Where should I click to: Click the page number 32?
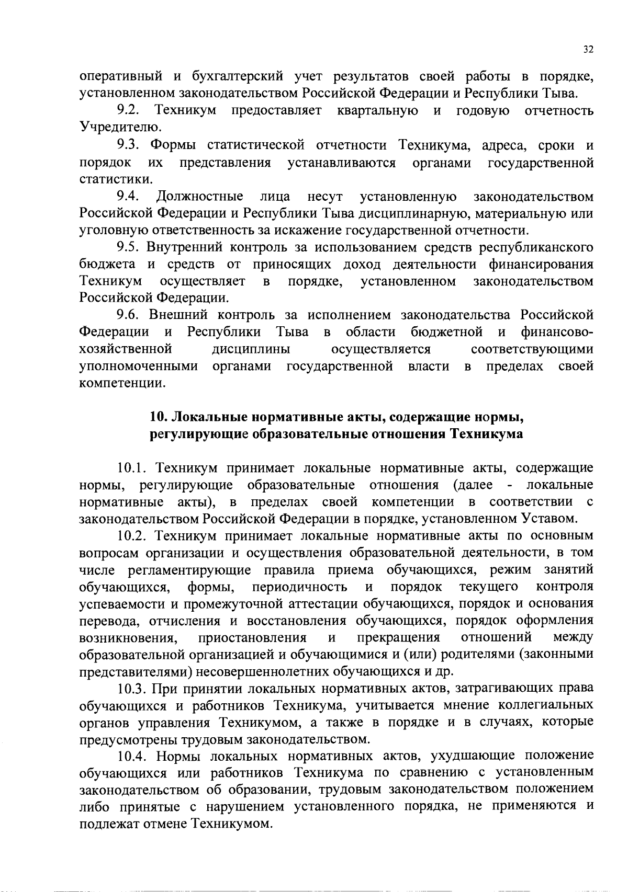tap(588, 50)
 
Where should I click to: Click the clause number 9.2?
tap(128, 111)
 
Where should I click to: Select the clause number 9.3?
tap(128, 145)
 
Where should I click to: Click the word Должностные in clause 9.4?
tap(199, 197)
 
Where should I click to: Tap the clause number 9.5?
tap(128, 247)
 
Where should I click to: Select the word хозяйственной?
tap(126, 349)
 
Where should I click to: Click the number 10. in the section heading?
tap(159, 417)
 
